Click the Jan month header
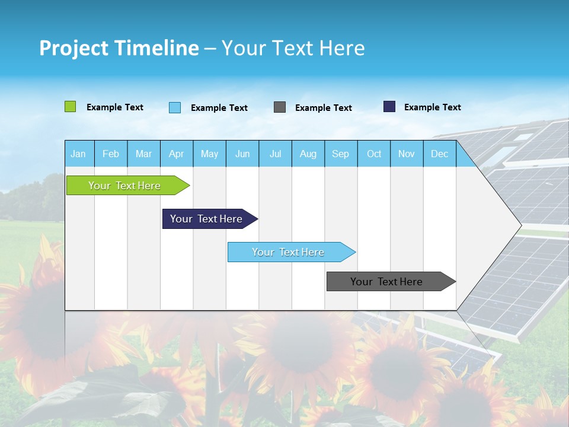click(79, 154)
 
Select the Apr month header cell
click(177, 154)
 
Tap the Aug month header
click(308, 154)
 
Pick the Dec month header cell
click(439, 154)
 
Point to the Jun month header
click(242, 154)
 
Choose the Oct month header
click(374, 154)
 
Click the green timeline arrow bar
click(124, 186)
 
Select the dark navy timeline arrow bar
click(206, 219)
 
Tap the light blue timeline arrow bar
click(288, 252)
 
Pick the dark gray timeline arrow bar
click(386, 282)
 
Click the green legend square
click(70, 107)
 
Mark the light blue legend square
click(175, 107)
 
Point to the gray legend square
click(280, 107)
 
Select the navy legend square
click(389, 107)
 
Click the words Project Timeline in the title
click(119, 48)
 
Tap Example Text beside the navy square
click(432, 107)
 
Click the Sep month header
click(341, 154)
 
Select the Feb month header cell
click(111, 154)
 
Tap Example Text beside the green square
click(115, 107)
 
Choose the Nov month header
click(407, 154)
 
